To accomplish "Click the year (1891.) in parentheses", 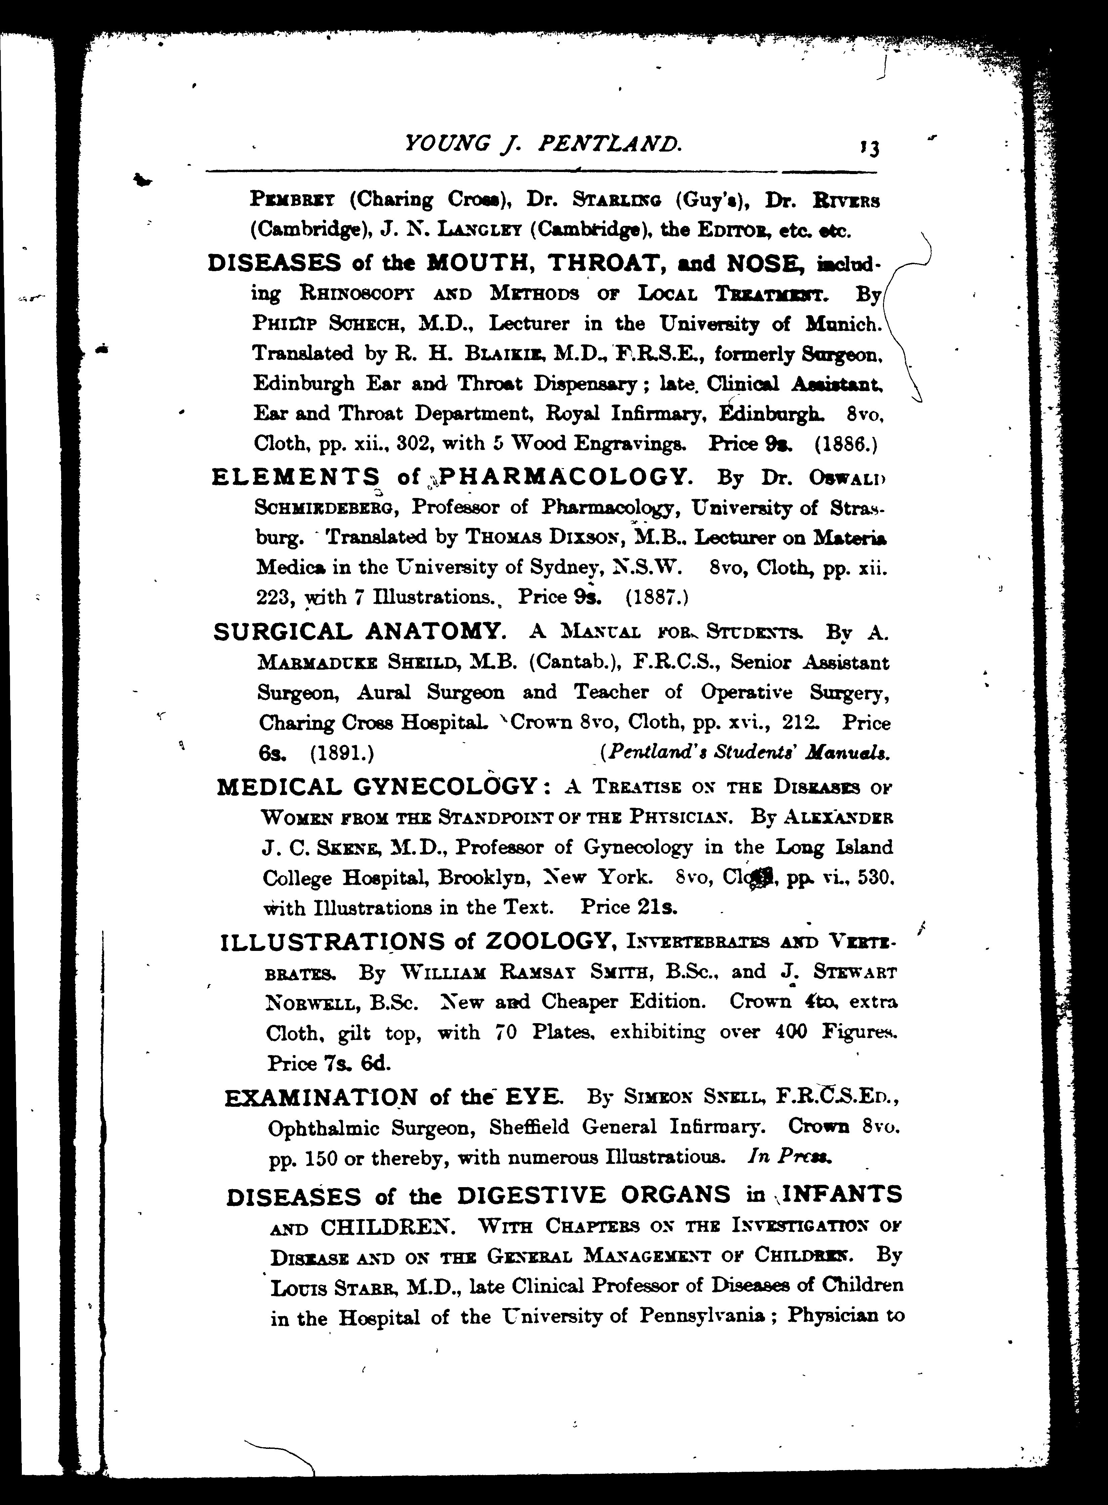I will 342,753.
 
